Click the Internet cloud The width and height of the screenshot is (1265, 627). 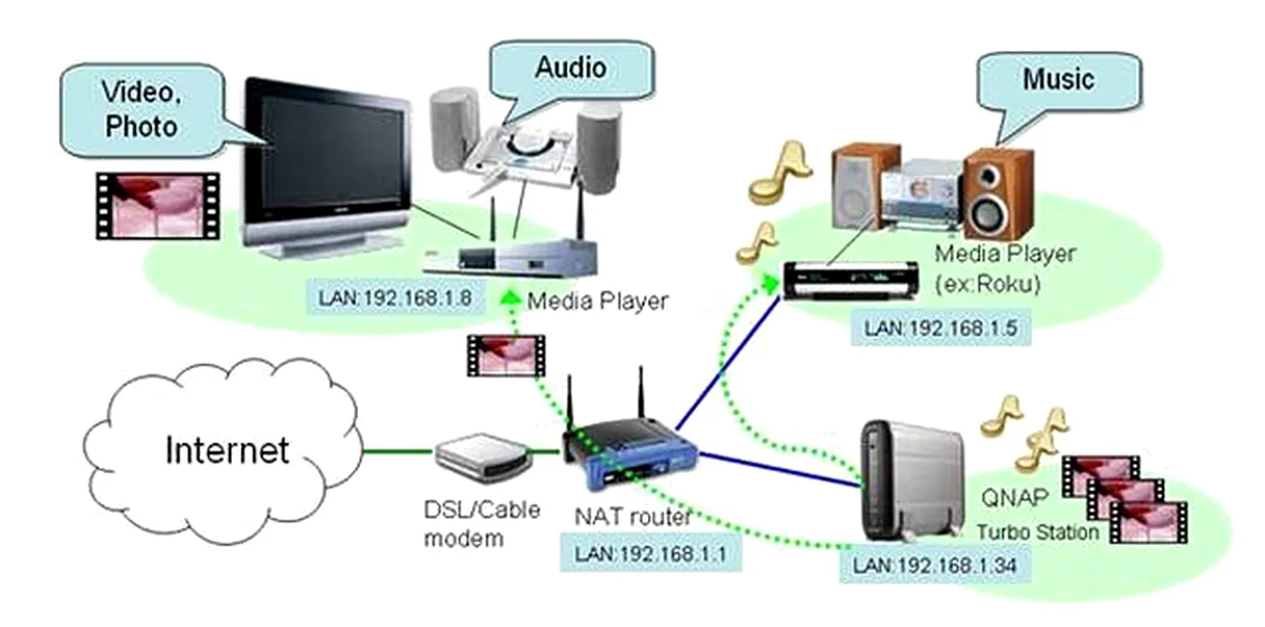click(224, 451)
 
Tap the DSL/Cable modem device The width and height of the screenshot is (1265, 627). click(483, 454)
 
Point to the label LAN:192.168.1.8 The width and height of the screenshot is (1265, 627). click(394, 296)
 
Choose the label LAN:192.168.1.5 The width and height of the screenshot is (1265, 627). click(940, 328)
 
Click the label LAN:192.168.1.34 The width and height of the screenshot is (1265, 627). click(935, 565)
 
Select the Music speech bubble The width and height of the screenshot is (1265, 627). click(1058, 80)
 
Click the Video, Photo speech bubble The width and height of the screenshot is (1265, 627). click(141, 111)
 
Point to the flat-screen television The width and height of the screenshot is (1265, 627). click(327, 166)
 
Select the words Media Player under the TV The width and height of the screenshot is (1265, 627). click(597, 301)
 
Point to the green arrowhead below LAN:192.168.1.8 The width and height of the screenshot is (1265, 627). click(509, 298)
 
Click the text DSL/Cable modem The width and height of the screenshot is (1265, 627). click(482, 523)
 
